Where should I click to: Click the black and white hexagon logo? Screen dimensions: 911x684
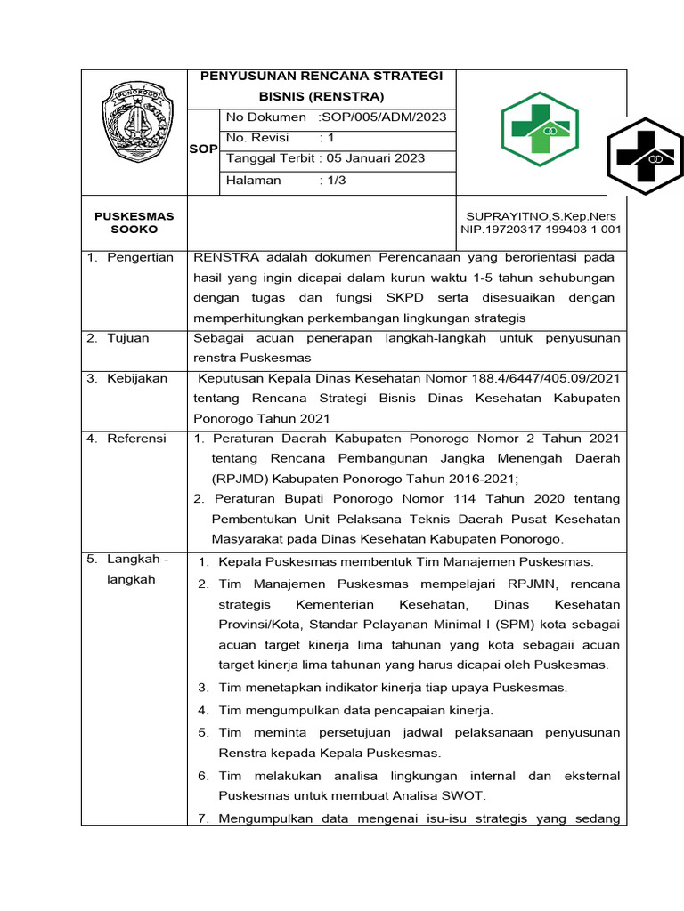coord(645,157)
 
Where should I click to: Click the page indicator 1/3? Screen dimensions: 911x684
coord(336,180)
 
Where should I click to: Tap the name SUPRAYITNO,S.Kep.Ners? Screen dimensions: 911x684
coord(541,216)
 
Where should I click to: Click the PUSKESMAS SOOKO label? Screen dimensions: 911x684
coord(134,222)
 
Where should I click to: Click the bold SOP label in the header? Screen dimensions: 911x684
coord(203,149)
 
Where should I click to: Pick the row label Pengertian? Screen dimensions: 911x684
coord(141,257)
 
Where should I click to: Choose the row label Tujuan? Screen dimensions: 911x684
coord(128,338)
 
